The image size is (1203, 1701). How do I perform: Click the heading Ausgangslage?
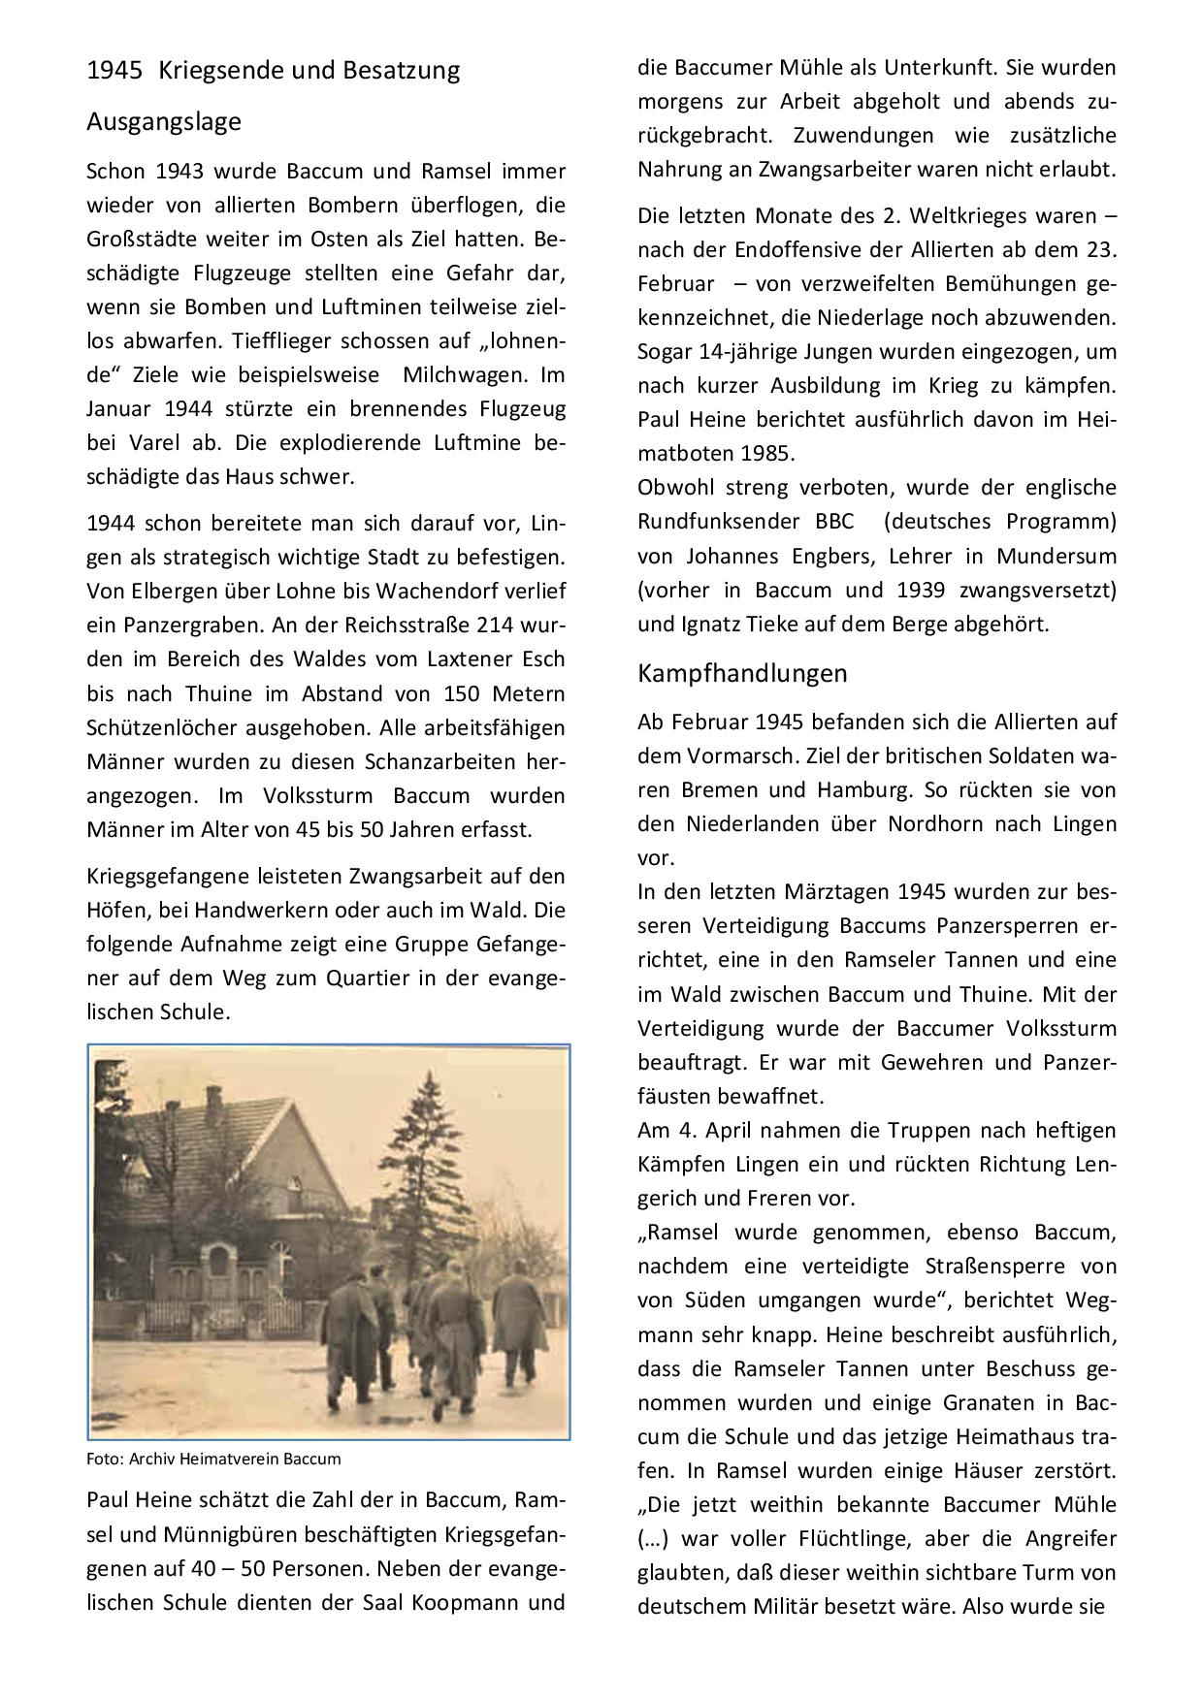click(x=163, y=122)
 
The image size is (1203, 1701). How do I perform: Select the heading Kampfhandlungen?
click(x=742, y=673)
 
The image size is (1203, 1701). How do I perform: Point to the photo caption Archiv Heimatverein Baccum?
click(x=213, y=1459)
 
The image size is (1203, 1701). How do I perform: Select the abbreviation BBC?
click(x=828, y=522)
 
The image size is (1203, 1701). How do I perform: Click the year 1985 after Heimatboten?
click(x=766, y=454)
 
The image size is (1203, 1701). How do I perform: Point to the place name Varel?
click(x=155, y=443)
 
